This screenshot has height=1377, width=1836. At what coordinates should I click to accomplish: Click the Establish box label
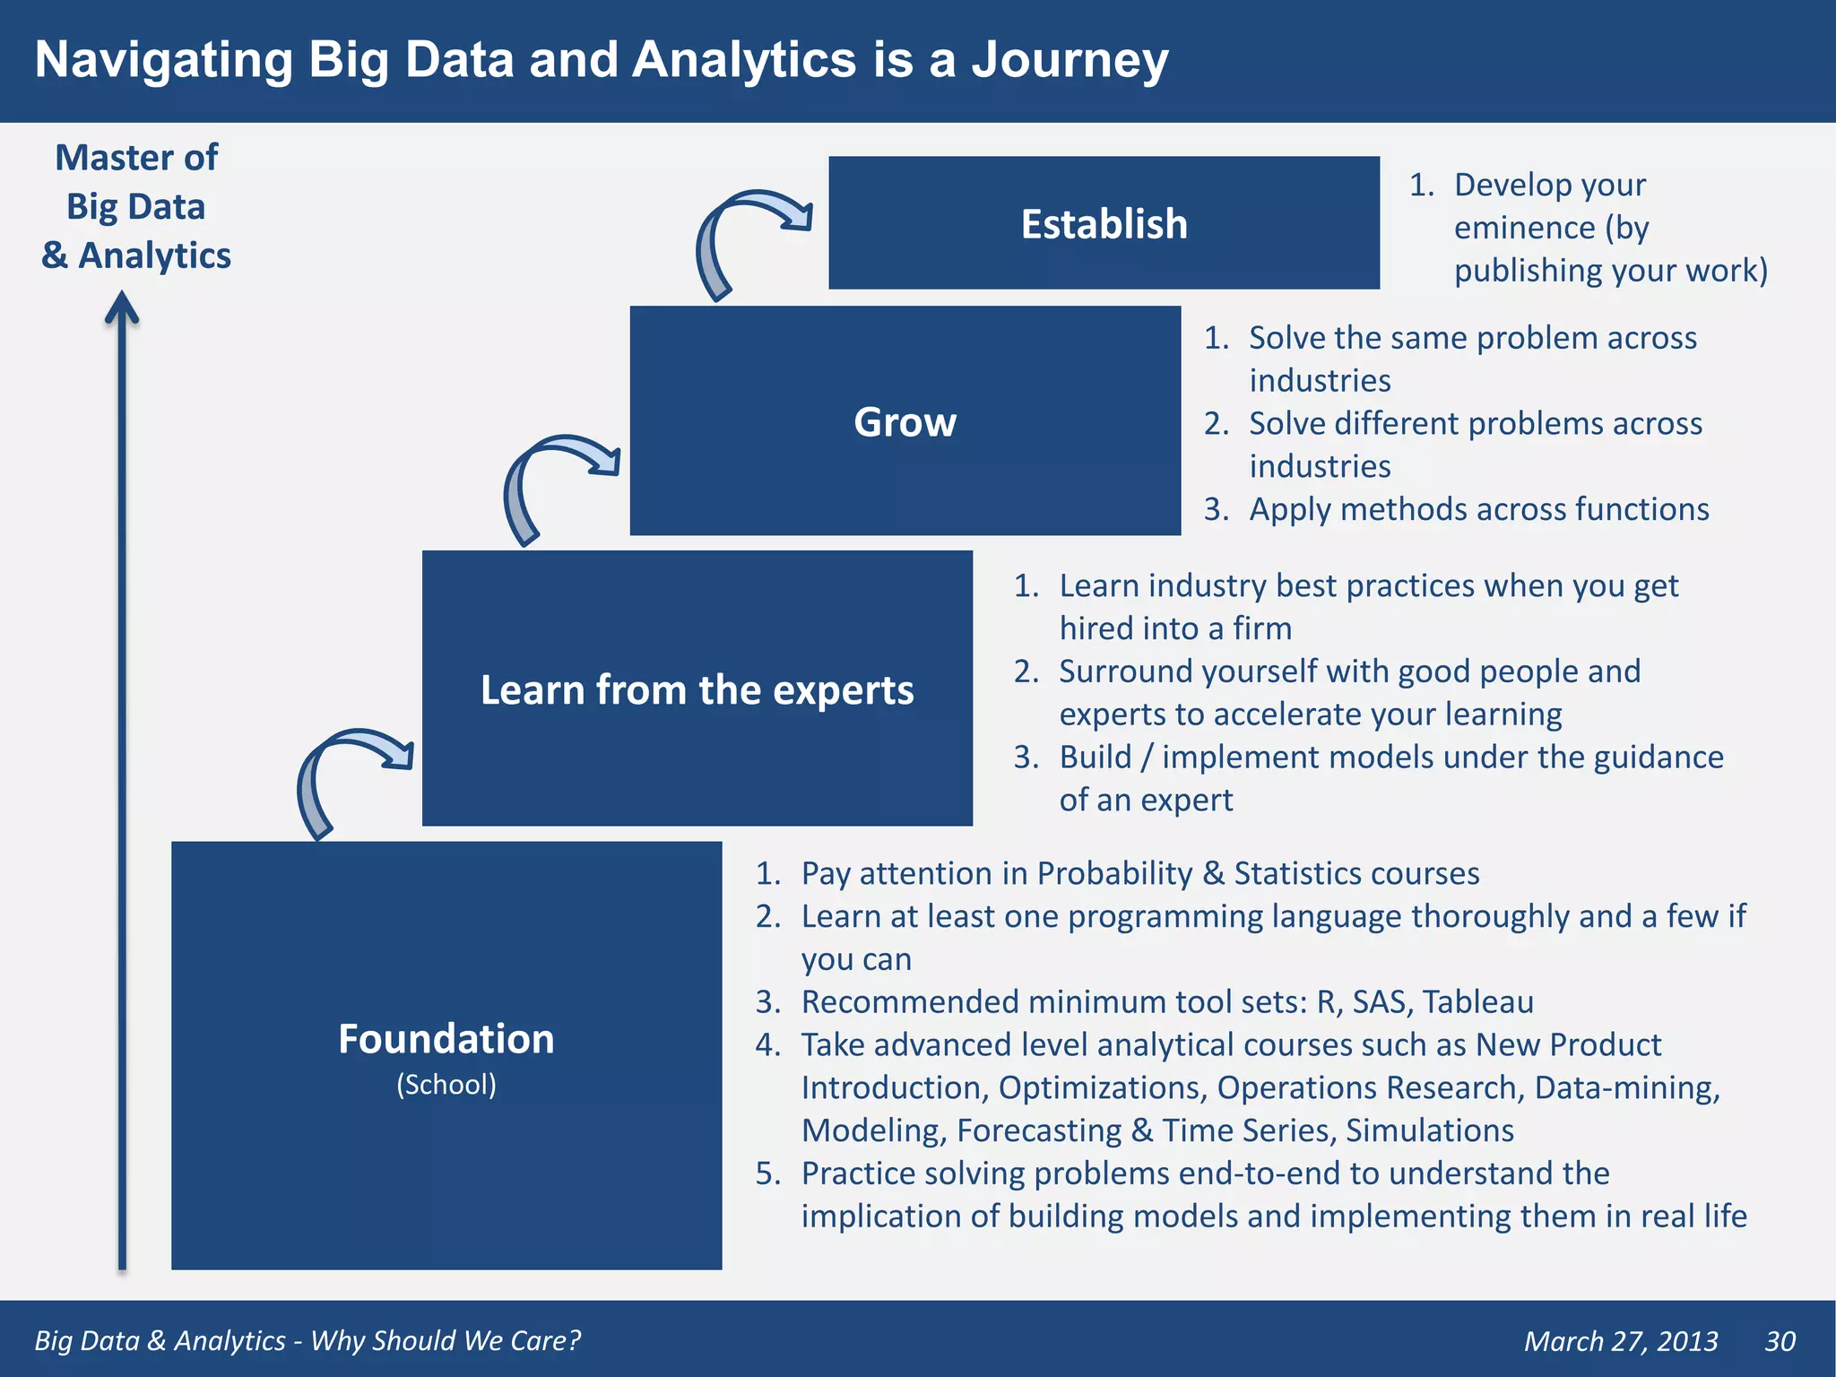click(x=1104, y=224)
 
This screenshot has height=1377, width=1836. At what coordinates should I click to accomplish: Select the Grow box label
click(x=905, y=422)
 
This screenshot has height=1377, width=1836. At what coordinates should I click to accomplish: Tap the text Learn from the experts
click(x=697, y=690)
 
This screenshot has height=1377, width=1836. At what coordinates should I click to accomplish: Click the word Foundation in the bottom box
click(x=446, y=1040)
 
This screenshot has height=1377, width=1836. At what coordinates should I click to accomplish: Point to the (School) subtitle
click(x=446, y=1085)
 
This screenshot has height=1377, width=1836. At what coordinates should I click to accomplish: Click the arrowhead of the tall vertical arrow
click(x=122, y=308)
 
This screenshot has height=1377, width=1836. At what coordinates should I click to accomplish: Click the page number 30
click(x=1780, y=1341)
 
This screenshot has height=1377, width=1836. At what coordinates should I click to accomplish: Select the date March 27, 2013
click(x=1621, y=1341)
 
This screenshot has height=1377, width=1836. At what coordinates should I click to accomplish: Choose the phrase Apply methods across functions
click(x=1478, y=509)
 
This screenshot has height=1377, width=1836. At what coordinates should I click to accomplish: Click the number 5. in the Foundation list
click(x=768, y=1173)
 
